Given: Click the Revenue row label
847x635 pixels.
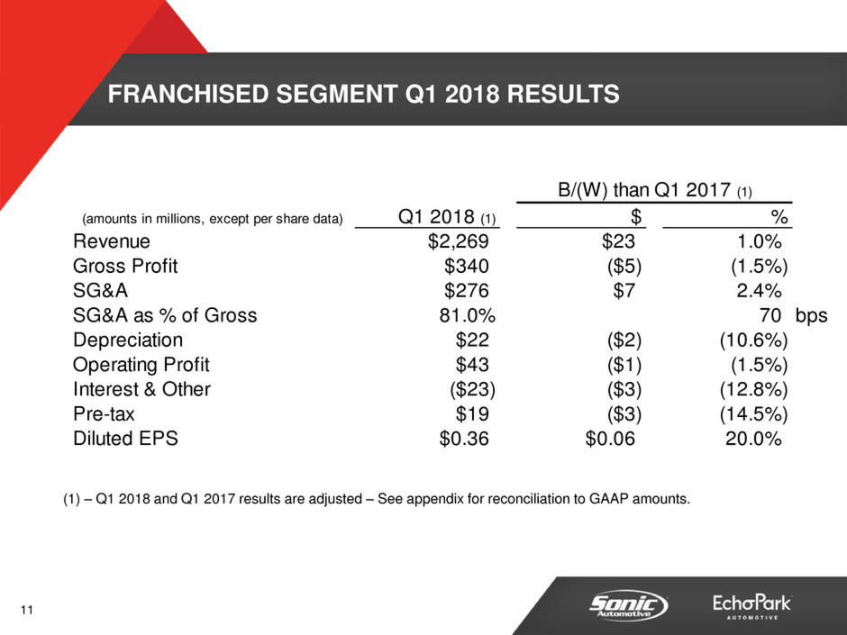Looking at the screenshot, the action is click(x=111, y=241).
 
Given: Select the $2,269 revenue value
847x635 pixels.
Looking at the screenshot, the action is click(x=458, y=241).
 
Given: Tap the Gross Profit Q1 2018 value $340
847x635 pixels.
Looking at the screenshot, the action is click(x=467, y=267).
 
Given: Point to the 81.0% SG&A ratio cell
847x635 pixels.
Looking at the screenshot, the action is click(x=468, y=315).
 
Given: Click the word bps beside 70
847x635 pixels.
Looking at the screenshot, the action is click(x=811, y=316).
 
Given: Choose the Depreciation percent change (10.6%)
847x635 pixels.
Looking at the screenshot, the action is click(x=754, y=340).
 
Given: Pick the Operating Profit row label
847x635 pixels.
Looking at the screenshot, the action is click(x=141, y=365).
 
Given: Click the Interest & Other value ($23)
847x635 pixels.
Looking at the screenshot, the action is click(x=473, y=389).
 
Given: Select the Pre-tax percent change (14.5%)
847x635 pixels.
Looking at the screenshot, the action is click(x=754, y=414).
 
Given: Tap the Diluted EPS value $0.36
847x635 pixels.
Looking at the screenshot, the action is click(x=464, y=439).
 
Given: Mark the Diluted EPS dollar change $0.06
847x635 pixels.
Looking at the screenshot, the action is click(x=610, y=439).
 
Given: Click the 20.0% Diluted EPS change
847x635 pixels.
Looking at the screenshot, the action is click(x=753, y=439).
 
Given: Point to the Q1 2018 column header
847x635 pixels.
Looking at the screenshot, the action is click(x=447, y=217).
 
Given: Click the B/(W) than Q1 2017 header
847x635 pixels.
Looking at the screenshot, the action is click(x=655, y=190).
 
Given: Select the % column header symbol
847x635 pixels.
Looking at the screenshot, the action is click(x=779, y=217).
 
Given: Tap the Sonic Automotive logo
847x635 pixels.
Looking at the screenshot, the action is click(x=628, y=605).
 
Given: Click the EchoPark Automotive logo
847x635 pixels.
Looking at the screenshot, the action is click(x=751, y=606).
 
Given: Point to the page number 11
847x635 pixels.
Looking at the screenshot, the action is click(x=27, y=610).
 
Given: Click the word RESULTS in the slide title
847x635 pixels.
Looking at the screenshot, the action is click(x=563, y=94).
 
